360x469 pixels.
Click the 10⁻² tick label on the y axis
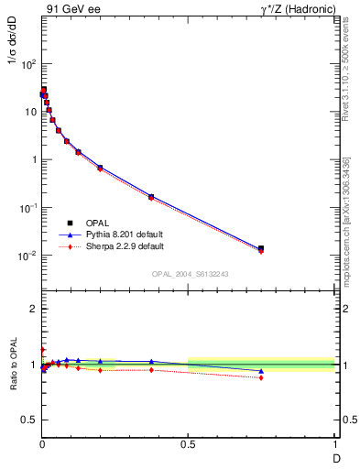coord(27,256)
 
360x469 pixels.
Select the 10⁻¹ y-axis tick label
coord(27,208)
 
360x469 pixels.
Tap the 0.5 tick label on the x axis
coord(189,445)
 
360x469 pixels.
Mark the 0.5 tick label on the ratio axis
coord(28,421)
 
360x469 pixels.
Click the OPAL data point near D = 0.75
coord(261,248)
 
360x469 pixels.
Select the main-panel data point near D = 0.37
coord(151,197)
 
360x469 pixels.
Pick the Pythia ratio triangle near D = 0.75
coord(261,371)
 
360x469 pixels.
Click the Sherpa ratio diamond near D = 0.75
coord(261,377)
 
